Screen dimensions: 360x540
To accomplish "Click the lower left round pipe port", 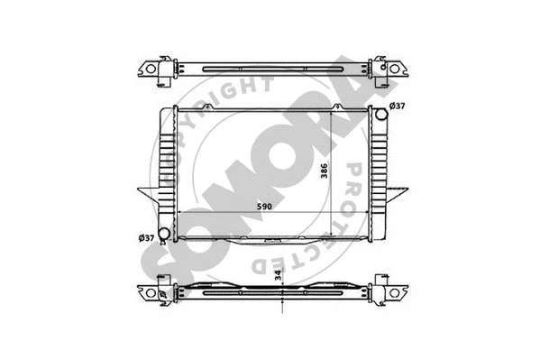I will pos(162,236).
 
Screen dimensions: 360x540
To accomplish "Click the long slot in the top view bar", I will pos(271,69).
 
